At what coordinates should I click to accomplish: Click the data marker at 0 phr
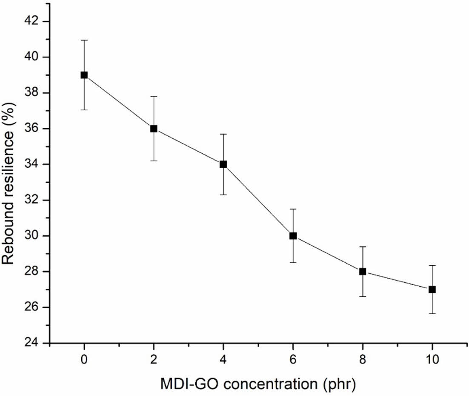click(x=84, y=75)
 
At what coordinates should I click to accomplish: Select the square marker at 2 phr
click(x=154, y=129)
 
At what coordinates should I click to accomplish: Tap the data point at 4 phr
click(x=223, y=164)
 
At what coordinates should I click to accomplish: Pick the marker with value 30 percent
click(x=293, y=236)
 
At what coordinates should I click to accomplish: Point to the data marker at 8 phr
click(x=363, y=272)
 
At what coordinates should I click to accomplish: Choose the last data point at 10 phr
click(x=432, y=290)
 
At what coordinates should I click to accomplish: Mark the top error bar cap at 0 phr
click(x=84, y=40)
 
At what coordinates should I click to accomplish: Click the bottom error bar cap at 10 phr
click(x=432, y=314)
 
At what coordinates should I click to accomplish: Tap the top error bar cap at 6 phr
click(x=293, y=209)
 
